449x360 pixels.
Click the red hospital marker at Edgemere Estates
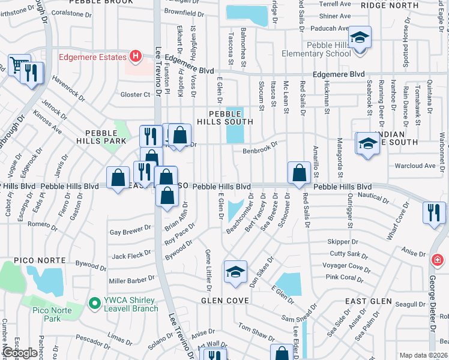tap(136, 57)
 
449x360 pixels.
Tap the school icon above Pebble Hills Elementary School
tap(360, 38)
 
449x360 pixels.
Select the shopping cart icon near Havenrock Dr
tap(19, 64)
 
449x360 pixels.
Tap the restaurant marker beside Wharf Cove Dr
tap(434, 213)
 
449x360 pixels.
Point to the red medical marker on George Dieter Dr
tap(438, 260)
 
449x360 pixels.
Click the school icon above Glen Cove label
tap(235, 272)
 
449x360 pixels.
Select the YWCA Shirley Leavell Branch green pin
tap(93, 304)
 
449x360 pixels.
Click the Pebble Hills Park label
tap(101, 136)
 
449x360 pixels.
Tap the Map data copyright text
tap(423, 355)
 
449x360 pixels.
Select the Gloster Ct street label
tap(135, 94)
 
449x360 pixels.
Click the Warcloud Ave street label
tap(414, 166)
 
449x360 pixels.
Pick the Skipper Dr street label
tap(339, 241)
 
